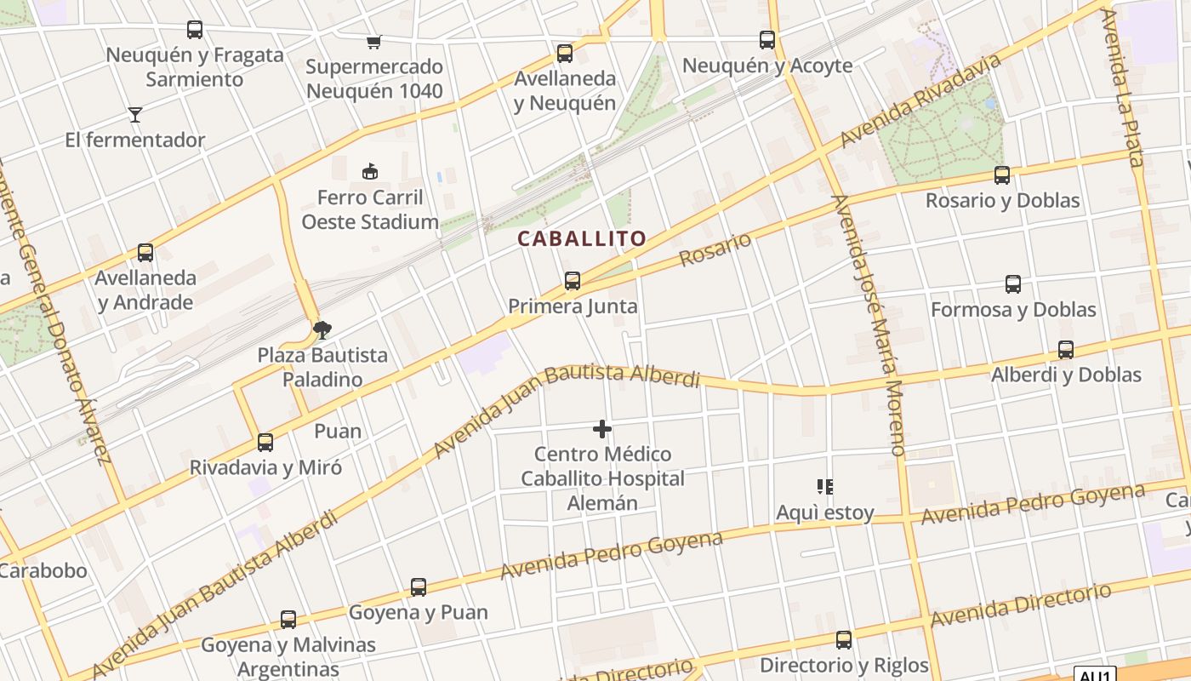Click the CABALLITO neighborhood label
[582, 239]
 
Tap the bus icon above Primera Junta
[573, 280]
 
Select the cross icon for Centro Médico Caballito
[602, 428]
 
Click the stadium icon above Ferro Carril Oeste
[369, 172]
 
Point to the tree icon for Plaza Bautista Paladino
[322, 329]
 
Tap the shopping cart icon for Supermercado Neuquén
[373, 41]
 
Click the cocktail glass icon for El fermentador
[134, 114]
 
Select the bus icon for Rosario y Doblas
[1002, 175]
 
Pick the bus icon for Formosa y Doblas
[1012, 284]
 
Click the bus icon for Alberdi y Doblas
[1065, 349]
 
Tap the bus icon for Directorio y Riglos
[843, 639]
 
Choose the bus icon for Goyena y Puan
[418, 587]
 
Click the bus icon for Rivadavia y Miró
[265, 442]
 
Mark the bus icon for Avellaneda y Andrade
[145, 253]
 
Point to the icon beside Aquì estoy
[824, 487]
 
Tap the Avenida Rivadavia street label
[920, 100]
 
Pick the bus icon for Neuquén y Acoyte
[767, 39]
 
